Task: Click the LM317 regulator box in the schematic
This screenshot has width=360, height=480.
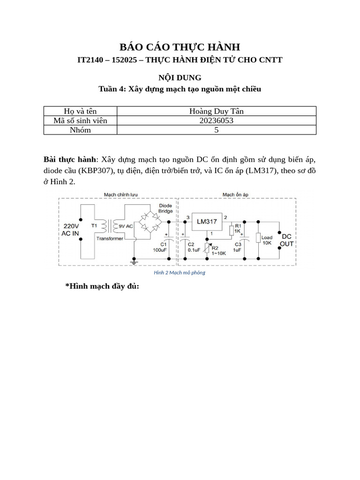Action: pos(206,222)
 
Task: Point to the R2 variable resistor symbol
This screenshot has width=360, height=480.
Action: pos(207,247)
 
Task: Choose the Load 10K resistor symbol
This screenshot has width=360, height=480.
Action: pos(258,238)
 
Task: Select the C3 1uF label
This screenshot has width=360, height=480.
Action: pos(238,247)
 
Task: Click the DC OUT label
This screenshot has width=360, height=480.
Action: pos(287,240)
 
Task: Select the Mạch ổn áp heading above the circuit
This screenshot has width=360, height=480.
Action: pos(235,194)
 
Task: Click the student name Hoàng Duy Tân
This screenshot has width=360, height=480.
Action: pos(216,111)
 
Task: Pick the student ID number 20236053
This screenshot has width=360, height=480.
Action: pos(216,120)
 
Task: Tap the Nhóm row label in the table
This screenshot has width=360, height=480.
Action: pos(80,130)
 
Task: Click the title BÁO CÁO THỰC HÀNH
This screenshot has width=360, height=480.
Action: pos(180,47)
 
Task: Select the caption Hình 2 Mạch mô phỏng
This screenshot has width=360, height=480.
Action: pos(180,272)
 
